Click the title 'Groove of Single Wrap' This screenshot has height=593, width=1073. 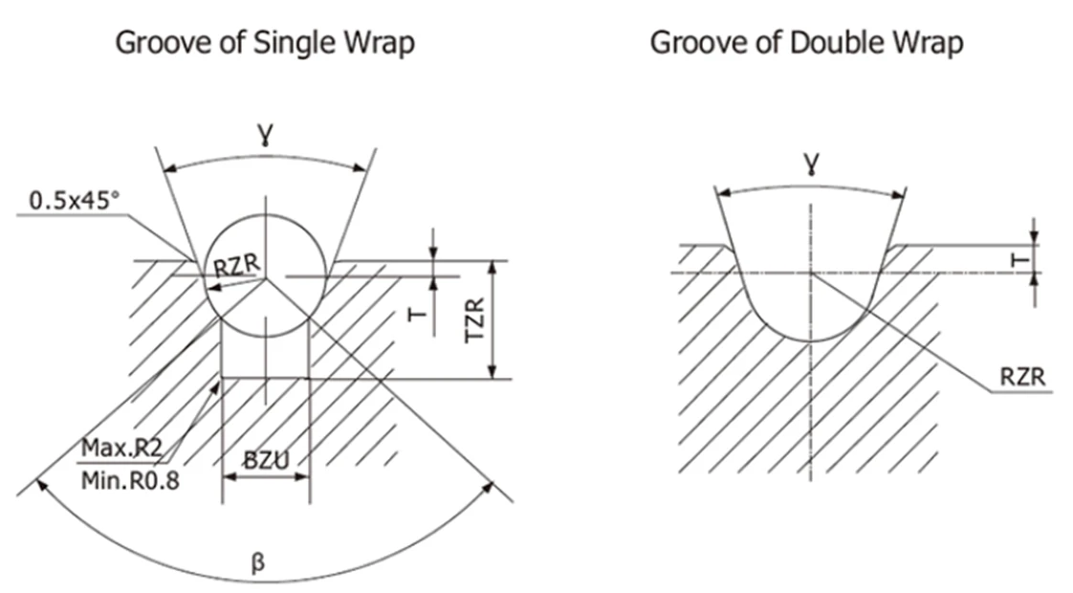point(265,43)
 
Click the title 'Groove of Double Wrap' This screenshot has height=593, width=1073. point(806,43)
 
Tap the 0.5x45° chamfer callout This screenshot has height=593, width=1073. point(75,201)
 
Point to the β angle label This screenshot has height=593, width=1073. point(256,564)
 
